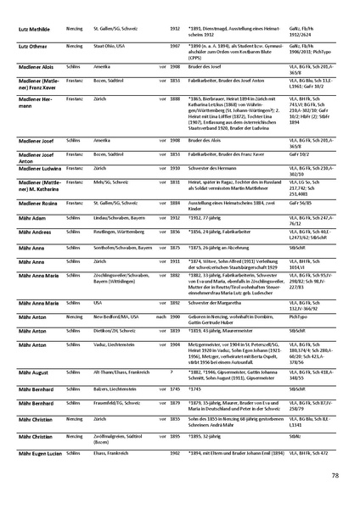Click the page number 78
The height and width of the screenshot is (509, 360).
coord(335,476)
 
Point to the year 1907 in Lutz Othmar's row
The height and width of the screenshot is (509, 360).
coord(174,44)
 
